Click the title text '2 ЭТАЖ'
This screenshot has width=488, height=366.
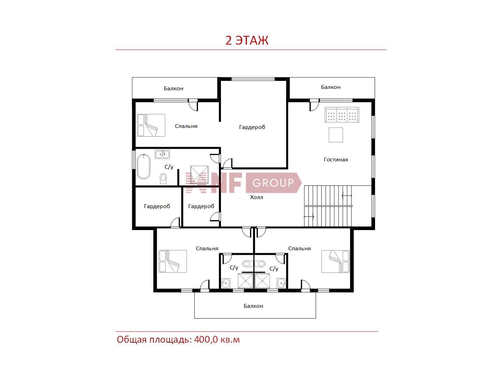(x=247, y=40)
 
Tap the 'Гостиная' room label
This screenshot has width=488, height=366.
(x=336, y=160)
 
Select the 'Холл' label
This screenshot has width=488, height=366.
(x=256, y=197)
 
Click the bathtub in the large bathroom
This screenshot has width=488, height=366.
(x=143, y=167)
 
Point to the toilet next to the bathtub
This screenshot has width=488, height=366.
(x=163, y=179)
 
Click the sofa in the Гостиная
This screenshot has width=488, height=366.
(x=342, y=115)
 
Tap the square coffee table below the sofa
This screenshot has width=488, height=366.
(x=336, y=135)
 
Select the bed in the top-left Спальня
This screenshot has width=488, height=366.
(x=151, y=125)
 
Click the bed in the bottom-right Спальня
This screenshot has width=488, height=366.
(x=335, y=261)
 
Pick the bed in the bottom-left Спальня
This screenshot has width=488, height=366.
(x=173, y=261)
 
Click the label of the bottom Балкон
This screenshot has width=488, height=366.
(x=253, y=306)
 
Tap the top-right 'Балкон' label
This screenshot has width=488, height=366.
(x=330, y=87)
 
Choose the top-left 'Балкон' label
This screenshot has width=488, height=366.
(x=173, y=89)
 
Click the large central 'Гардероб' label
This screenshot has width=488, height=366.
(x=252, y=127)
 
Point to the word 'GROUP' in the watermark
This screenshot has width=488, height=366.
(x=273, y=183)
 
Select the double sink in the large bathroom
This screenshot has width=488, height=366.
(x=162, y=154)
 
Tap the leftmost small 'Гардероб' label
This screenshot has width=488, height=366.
(x=157, y=206)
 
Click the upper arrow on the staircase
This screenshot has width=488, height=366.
(x=347, y=196)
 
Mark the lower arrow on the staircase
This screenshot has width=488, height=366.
(x=309, y=216)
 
